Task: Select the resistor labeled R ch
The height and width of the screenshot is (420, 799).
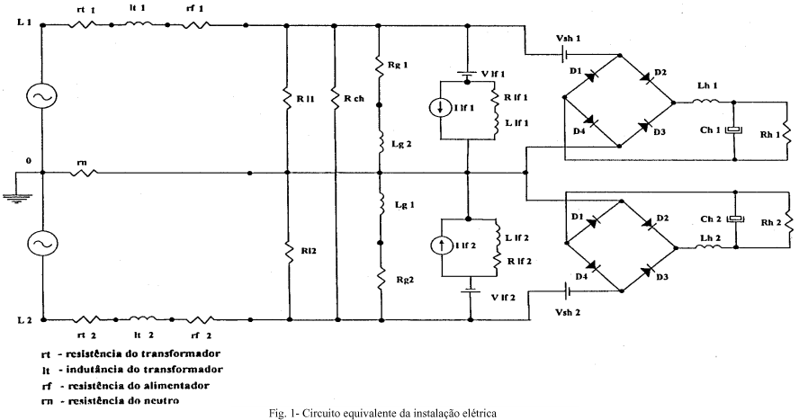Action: click(x=334, y=95)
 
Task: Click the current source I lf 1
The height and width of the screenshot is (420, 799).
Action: click(x=442, y=108)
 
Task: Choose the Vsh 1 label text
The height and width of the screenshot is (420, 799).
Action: click(x=570, y=39)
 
